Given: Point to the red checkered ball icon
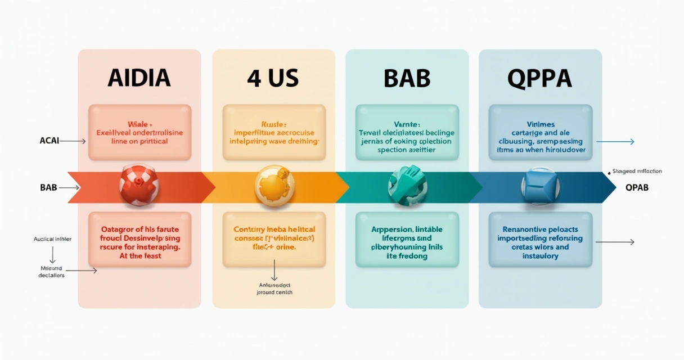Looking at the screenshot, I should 139,184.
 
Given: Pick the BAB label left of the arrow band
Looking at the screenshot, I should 48,187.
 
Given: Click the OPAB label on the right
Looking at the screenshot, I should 637,187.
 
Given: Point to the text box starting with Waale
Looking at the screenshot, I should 139,133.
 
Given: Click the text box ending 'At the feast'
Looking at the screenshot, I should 139,239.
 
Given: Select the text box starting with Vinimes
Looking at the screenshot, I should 541,133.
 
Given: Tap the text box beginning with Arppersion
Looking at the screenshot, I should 407,239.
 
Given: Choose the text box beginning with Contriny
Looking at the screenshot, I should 274,239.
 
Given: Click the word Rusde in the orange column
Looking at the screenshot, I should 274,123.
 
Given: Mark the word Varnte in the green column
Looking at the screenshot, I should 407,123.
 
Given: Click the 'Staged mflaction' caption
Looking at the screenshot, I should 637,171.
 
